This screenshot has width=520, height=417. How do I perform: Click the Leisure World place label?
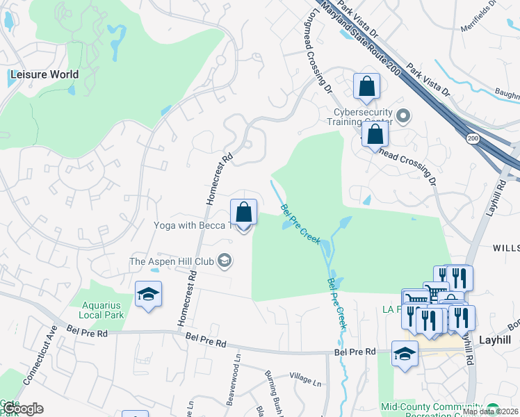(x=43, y=74)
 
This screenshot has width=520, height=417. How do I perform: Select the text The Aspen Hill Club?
(x=172, y=261)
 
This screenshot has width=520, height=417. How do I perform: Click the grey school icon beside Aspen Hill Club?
(x=225, y=261)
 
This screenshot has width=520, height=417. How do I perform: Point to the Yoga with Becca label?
(x=190, y=225)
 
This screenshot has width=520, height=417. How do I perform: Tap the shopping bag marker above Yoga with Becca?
(x=244, y=212)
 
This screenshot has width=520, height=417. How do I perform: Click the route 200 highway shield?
(x=473, y=139)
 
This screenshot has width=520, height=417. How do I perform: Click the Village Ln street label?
(x=306, y=382)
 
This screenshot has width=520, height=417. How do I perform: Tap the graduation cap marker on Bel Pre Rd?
(x=405, y=354)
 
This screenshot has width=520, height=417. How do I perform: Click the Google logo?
(x=22, y=409)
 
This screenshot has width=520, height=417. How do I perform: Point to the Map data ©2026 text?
(x=489, y=411)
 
